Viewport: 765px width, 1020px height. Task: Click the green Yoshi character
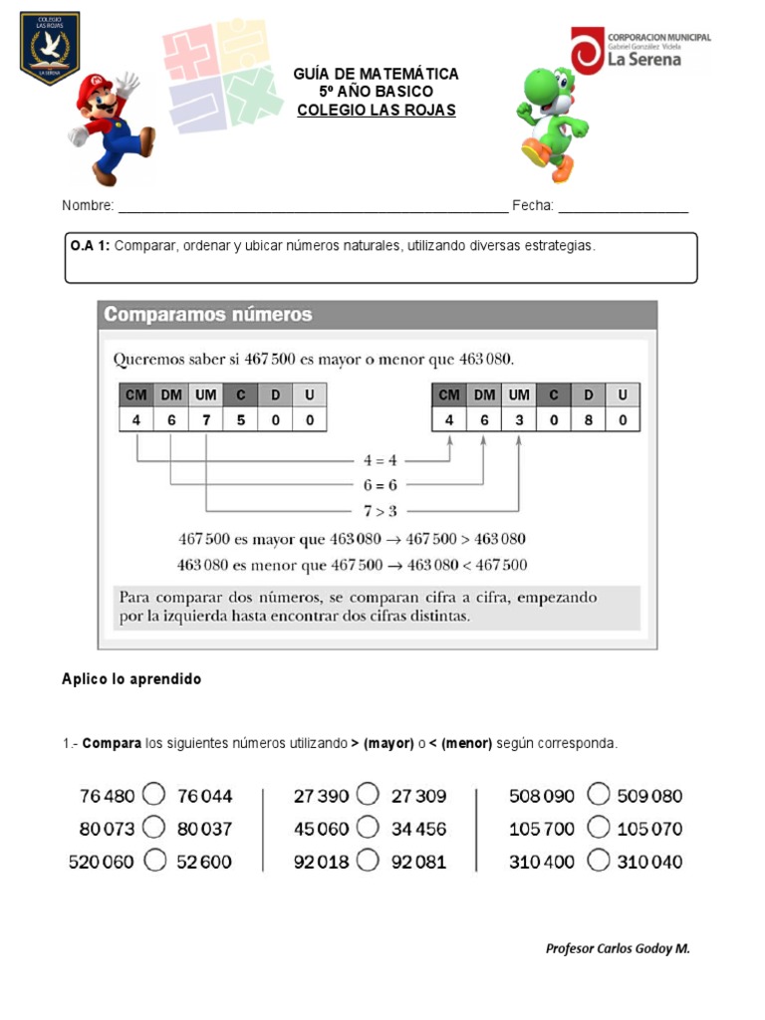(551, 122)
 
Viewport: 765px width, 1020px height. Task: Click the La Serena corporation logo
(640, 51)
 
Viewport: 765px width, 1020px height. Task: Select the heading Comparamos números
(208, 315)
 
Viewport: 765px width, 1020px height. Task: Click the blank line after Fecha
(623, 207)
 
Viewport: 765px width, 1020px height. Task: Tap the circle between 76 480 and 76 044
(154, 795)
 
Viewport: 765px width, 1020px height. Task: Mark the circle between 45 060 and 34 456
(368, 827)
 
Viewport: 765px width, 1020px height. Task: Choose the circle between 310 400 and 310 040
(598, 860)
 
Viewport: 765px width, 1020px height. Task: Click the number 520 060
(101, 862)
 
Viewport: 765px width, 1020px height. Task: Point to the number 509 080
(649, 796)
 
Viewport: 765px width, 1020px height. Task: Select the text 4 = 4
(379, 460)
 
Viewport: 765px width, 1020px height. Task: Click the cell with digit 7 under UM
(205, 420)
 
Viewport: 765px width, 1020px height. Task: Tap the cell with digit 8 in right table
(588, 420)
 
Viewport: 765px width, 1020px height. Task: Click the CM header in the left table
(135, 395)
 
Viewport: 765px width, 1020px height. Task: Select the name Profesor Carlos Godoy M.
(618, 948)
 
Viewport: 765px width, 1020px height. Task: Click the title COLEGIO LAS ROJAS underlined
(377, 111)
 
